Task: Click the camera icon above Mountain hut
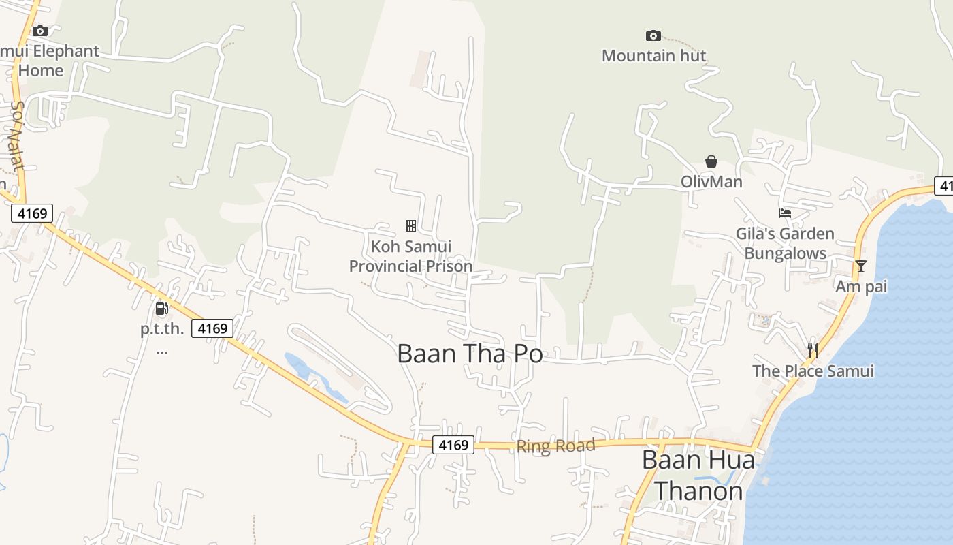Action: [x=653, y=35]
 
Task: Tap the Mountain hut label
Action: [x=654, y=56]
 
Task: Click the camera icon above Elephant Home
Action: [x=40, y=31]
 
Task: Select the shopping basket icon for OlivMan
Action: [x=711, y=161]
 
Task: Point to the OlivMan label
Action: [x=711, y=183]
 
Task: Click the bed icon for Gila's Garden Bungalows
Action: [x=785, y=213]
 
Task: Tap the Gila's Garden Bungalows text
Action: [x=785, y=243]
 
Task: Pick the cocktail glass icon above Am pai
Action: [x=861, y=266]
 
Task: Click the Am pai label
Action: [x=861, y=287]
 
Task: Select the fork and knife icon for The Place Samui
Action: [x=812, y=351]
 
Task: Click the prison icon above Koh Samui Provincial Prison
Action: [x=411, y=225]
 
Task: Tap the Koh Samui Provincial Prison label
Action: [x=410, y=256]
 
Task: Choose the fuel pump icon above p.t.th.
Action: [x=162, y=309]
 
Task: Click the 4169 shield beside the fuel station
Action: [x=212, y=328]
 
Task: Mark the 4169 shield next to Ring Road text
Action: [x=453, y=445]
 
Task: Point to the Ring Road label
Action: [x=555, y=446]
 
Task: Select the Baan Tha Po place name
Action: [x=470, y=354]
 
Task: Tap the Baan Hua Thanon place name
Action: [x=698, y=476]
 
